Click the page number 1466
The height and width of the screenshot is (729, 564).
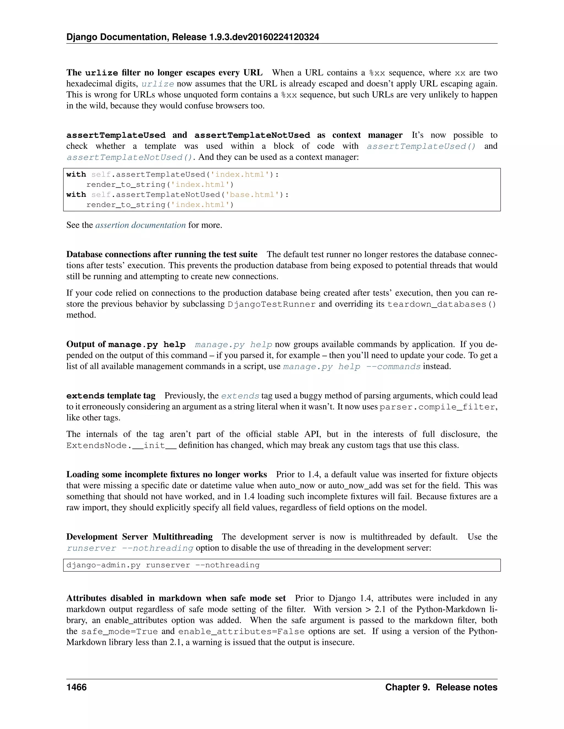pyautogui.click(x=77, y=687)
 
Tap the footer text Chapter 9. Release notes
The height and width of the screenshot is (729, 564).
pyautogui.click(x=441, y=687)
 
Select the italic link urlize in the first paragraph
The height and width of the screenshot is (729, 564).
pyautogui.click(x=158, y=84)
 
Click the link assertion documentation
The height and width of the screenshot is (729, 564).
pyautogui.click(x=140, y=225)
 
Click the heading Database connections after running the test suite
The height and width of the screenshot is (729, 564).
pyautogui.click(x=162, y=254)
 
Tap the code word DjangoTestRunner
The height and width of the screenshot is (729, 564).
pyautogui.click(x=271, y=304)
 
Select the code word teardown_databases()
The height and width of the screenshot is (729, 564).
pyautogui.click(x=442, y=304)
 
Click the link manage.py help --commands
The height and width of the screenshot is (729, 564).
pyautogui.click(x=351, y=366)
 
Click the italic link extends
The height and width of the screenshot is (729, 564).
pyautogui.click(x=240, y=396)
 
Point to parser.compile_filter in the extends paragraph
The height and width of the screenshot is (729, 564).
pyautogui.click(x=437, y=407)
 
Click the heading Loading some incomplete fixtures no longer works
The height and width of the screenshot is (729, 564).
pyautogui.click(x=166, y=474)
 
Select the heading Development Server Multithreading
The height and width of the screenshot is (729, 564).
pyautogui.click(x=139, y=537)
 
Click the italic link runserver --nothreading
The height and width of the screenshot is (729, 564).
pyautogui.click(x=130, y=548)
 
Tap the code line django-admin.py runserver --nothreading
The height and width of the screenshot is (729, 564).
pyautogui.click(x=163, y=565)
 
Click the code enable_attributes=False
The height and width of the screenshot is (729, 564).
pyautogui.click(x=241, y=632)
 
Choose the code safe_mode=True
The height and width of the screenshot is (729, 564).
pyautogui.click(x=119, y=632)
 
